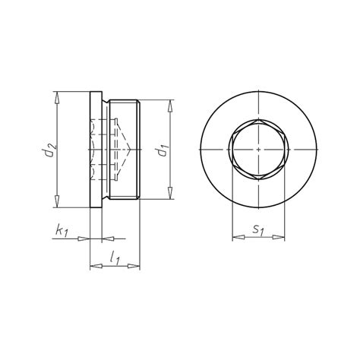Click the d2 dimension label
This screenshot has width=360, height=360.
46,150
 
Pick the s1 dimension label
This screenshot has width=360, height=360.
259,229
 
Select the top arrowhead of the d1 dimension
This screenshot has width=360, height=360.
170,104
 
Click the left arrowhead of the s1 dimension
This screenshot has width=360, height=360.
235,238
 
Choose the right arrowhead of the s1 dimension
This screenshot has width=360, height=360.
284,238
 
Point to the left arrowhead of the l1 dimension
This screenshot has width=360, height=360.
93,266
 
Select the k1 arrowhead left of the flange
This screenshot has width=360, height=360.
86,237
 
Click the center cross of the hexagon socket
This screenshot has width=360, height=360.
259,150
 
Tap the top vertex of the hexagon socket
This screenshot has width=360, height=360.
259,121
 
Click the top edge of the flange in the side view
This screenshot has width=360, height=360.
95,92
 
